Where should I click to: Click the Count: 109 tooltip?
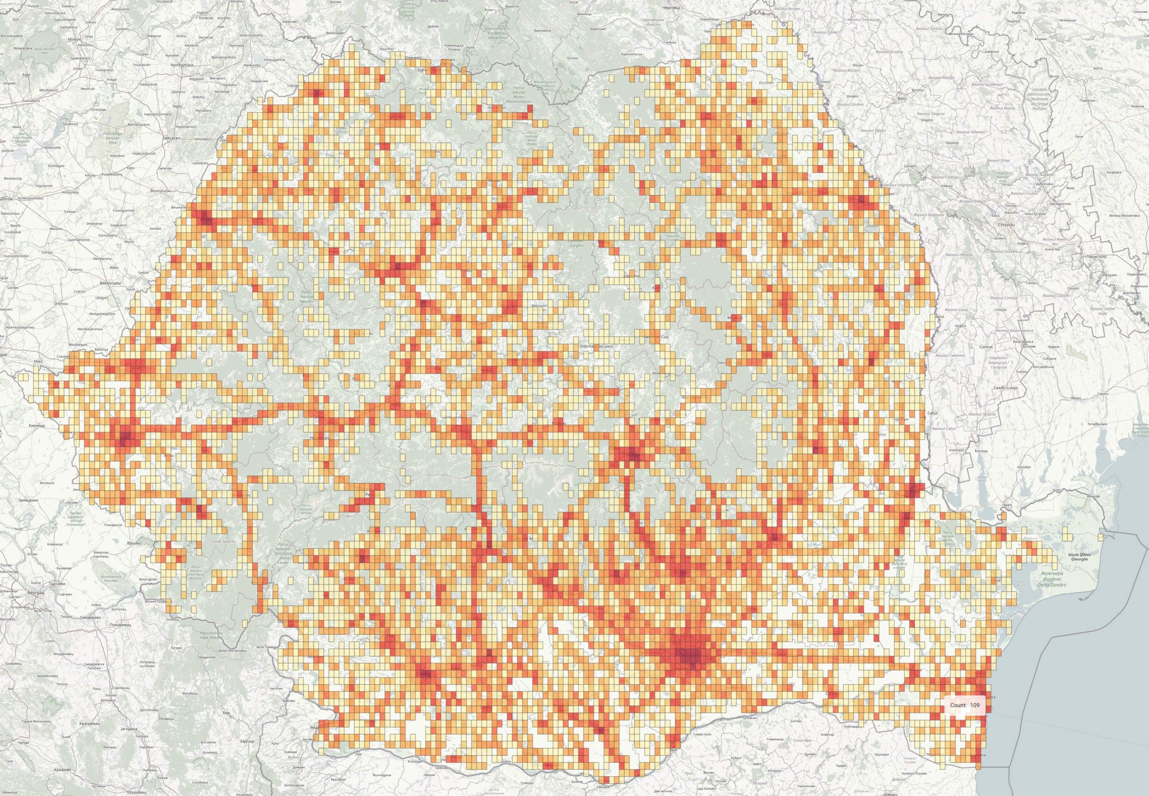click(x=965, y=705)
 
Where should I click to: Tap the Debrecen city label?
click(x=171, y=138)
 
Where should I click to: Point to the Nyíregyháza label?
click(x=182, y=65)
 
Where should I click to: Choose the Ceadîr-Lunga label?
click(x=1004, y=387)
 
